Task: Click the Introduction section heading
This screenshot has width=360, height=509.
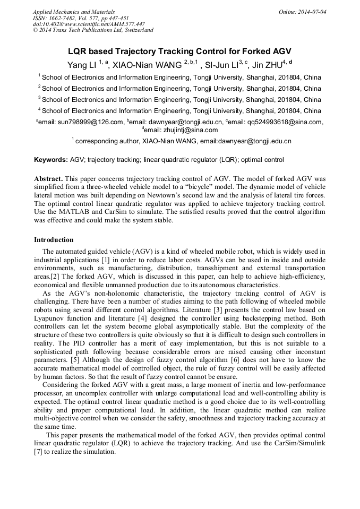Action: (54, 239)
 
